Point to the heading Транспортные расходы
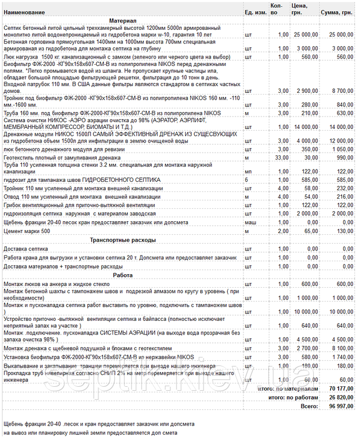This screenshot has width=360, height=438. [x=123, y=240]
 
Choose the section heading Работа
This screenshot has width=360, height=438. [x=123, y=275]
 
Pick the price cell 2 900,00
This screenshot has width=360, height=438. [x=305, y=91]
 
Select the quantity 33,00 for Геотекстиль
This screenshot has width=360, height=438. [x=280, y=159]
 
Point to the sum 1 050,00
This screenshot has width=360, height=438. [x=341, y=150]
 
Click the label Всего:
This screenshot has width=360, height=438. [x=309, y=406]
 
